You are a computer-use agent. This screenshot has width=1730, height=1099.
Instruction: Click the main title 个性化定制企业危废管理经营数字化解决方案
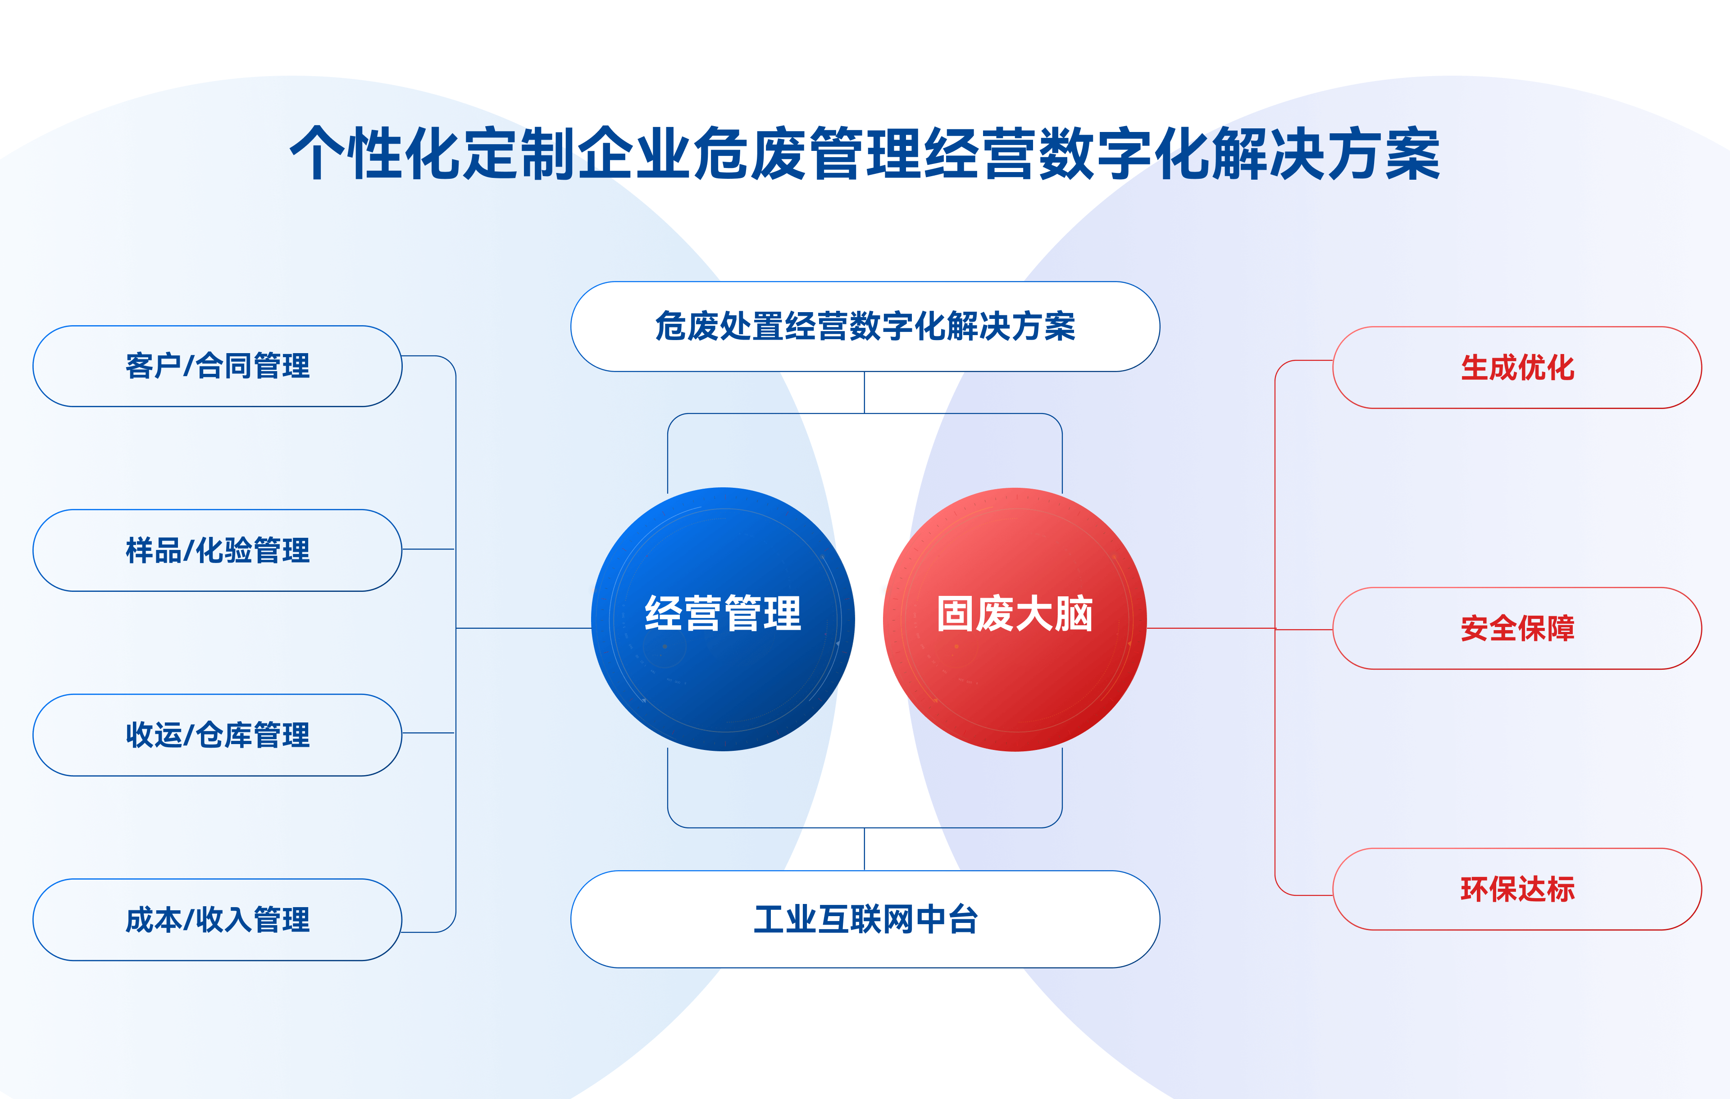pyautogui.click(x=865, y=153)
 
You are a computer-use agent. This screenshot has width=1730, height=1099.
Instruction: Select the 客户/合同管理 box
pyautogui.click(x=217, y=366)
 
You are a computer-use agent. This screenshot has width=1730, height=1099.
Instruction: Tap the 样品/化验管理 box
pyautogui.click(x=217, y=550)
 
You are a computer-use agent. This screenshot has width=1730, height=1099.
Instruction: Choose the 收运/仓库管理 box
pyautogui.click(x=217, y=735)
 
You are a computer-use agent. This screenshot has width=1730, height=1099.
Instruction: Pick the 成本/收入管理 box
pyautogui.click(x=217, y=919)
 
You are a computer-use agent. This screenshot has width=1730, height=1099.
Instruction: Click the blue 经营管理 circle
pyautogui.click(x=723, y=619)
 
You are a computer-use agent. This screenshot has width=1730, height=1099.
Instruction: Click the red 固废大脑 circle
pyautogui.click(x=1015, y=619)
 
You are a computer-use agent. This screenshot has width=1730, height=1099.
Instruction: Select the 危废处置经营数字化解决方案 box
pyautogui.click(x=865, y=326)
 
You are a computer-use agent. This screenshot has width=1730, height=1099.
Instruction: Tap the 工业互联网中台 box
pyautogui.click(x=865, y=919)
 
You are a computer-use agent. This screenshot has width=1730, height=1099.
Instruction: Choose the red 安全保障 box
pyautogui.click(x=1517, y=628)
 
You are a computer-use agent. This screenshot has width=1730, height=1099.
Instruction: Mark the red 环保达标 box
pyautogui.click(x=1517, y=889)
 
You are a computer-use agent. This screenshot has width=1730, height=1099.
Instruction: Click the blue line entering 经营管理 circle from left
pyautogui.click(x=524, y=628)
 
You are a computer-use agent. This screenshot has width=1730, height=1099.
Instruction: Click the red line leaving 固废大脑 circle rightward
pyautogui.click(x=1211, y=628)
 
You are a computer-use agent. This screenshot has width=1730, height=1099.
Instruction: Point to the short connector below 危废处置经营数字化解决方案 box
pyautogui.click(x=864, y=393)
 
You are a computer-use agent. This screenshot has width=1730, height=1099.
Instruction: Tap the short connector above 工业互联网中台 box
pyautogui.click(x=864, y=849)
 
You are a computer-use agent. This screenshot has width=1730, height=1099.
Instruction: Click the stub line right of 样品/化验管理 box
pyautogui.click(x=428, y=549)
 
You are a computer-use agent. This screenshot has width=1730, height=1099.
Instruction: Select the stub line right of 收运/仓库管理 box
pyautogui.click(x=428, y=733)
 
